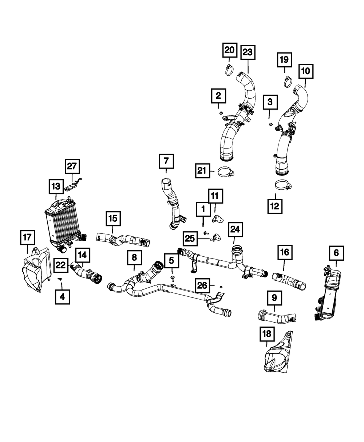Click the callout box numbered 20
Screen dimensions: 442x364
coord(230,50)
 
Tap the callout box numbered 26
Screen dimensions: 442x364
coord(203,285)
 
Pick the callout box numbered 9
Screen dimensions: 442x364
coord(274,298)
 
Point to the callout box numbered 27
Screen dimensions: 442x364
coord(72,167)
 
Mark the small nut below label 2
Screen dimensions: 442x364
coord(220,113)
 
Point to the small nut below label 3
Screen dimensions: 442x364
coord(270,124)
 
